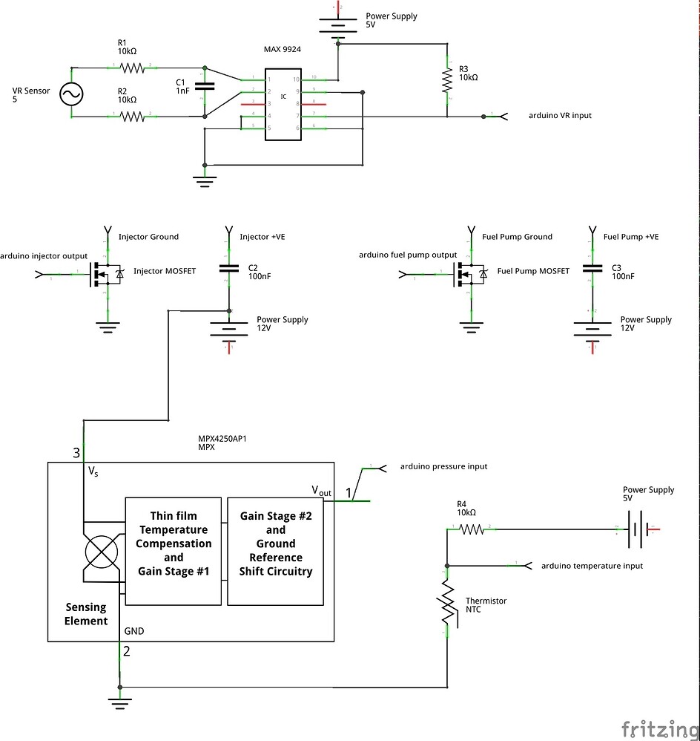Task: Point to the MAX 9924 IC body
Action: [283, 104]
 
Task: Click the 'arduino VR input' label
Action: [560, 115]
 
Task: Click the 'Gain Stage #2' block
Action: [275, 543]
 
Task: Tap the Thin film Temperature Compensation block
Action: [174, 543]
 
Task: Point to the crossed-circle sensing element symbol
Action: [101, 553]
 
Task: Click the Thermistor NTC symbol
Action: [447, 601]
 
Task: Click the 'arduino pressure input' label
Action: [443, 466]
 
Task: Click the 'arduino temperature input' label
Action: [592, 565]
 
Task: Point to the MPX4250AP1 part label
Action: [222, 440]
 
